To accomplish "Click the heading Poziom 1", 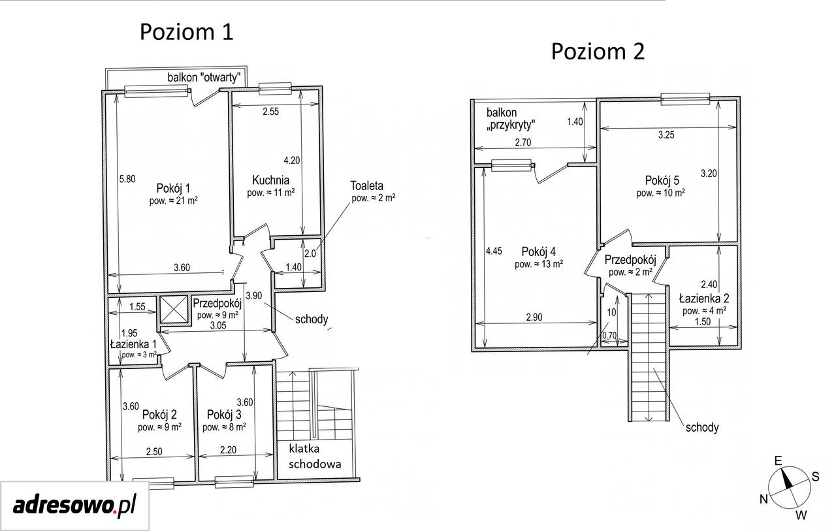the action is click(x=187, y=32).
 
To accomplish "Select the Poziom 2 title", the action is click(x=598, y=52).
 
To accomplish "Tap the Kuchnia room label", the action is click(x=270, y=180).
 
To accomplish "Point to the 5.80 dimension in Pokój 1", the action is click(x=127, y=179).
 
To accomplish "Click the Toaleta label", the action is click(x=366, y=185).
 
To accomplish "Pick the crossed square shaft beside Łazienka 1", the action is click(x=174, y=310).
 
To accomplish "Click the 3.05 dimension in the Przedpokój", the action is click(x=218, y=325).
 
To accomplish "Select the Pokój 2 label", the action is click(x=159, y=415).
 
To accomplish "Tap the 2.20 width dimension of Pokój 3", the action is click(x=228, y=450).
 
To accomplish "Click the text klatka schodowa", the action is click(x=315, y=457).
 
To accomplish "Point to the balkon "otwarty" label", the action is click(x=204, y=78).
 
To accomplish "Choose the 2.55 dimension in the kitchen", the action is click(x=270, y=112).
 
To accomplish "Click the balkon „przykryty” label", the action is click(x=511, y=119).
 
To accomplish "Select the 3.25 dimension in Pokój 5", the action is click(x=666, y=135).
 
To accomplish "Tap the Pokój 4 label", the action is click(x=539, y=252).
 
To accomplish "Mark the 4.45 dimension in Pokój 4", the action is click(x=494, y=251).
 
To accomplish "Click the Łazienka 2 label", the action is click(x=704, y=298).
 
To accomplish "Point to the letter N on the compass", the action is click(x=764, y=499).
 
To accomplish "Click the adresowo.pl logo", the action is click(x=74, y=506).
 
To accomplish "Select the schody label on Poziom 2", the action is click(x=702, y=427).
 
